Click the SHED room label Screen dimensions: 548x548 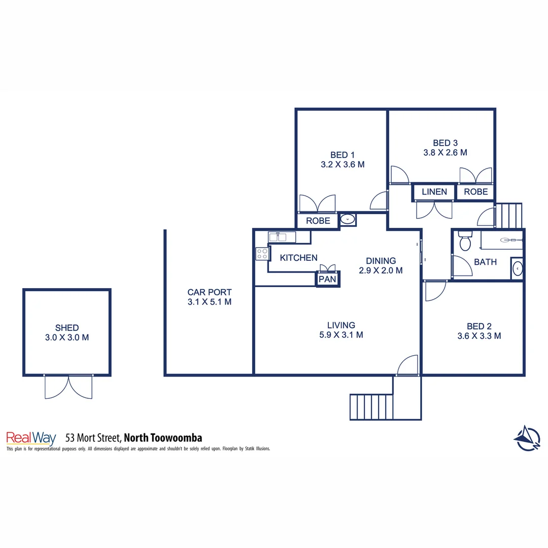click(67, 328)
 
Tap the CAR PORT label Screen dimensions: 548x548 click(210, 292)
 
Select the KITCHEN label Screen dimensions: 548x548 click(298, 258)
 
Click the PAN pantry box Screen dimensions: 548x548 click(328, 279)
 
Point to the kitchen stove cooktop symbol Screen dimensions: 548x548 click(262, 253)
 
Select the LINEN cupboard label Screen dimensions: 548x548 click(434, 192)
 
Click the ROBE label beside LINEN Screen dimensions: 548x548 click(475, 192)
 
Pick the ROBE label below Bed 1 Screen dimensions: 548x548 click(318, 221)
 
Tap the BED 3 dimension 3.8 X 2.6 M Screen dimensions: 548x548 click(445, 152)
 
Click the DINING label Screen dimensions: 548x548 click(381, 261)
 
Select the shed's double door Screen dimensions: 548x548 click(68, 387)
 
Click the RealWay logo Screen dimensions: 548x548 click(31, 438)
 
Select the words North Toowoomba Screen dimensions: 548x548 click(163, 437)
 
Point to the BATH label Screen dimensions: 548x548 click(485, 262)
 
